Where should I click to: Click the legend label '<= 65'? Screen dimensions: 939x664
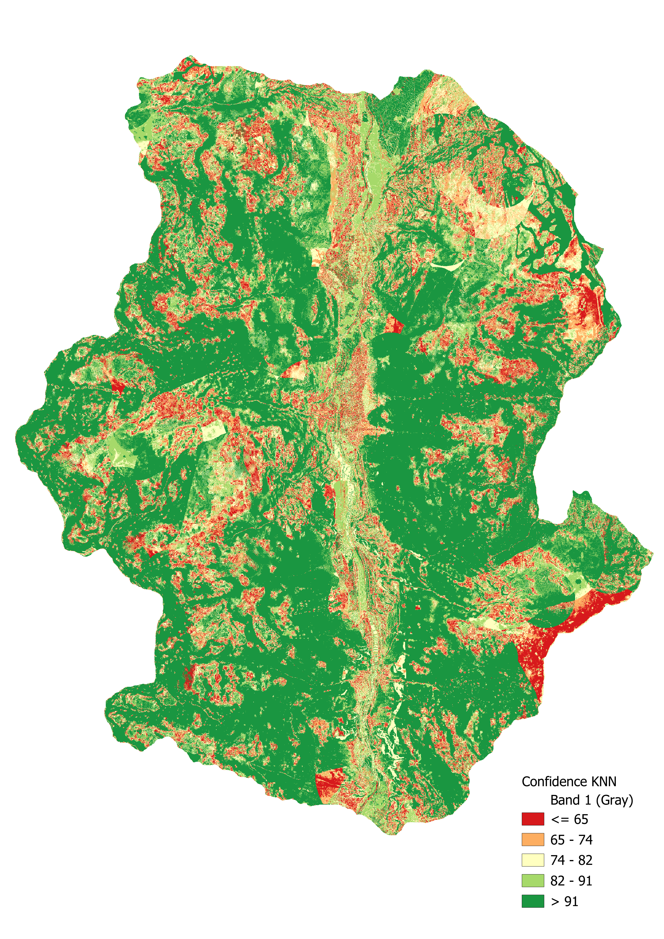[569, 819]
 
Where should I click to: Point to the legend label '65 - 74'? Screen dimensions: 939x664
[571, 840]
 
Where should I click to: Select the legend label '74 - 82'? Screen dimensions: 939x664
[571, 860]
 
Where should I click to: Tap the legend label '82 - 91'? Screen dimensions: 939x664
[571, 881]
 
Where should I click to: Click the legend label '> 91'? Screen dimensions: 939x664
[564, 901]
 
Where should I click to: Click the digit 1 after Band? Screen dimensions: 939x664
[587, 800]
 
